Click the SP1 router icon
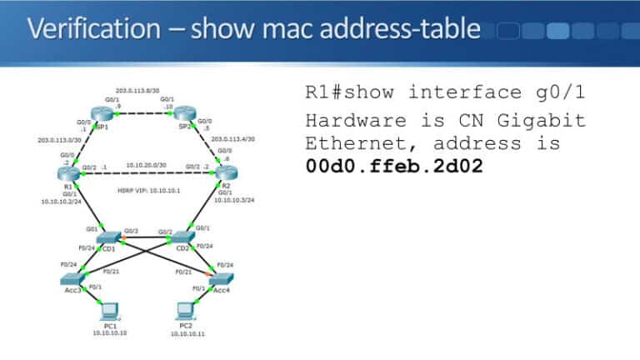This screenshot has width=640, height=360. pos(103,116)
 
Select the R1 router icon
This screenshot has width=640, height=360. pos(66,172)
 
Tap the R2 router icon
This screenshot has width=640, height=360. pos(222,172)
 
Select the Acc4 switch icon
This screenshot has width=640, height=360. pos(222,278)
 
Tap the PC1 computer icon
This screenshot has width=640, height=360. pos(109,311)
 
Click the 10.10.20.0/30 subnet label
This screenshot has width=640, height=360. pos(144,165)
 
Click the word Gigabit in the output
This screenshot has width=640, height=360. pos(547,120)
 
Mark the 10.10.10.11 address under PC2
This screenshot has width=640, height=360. pos(188,334)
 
